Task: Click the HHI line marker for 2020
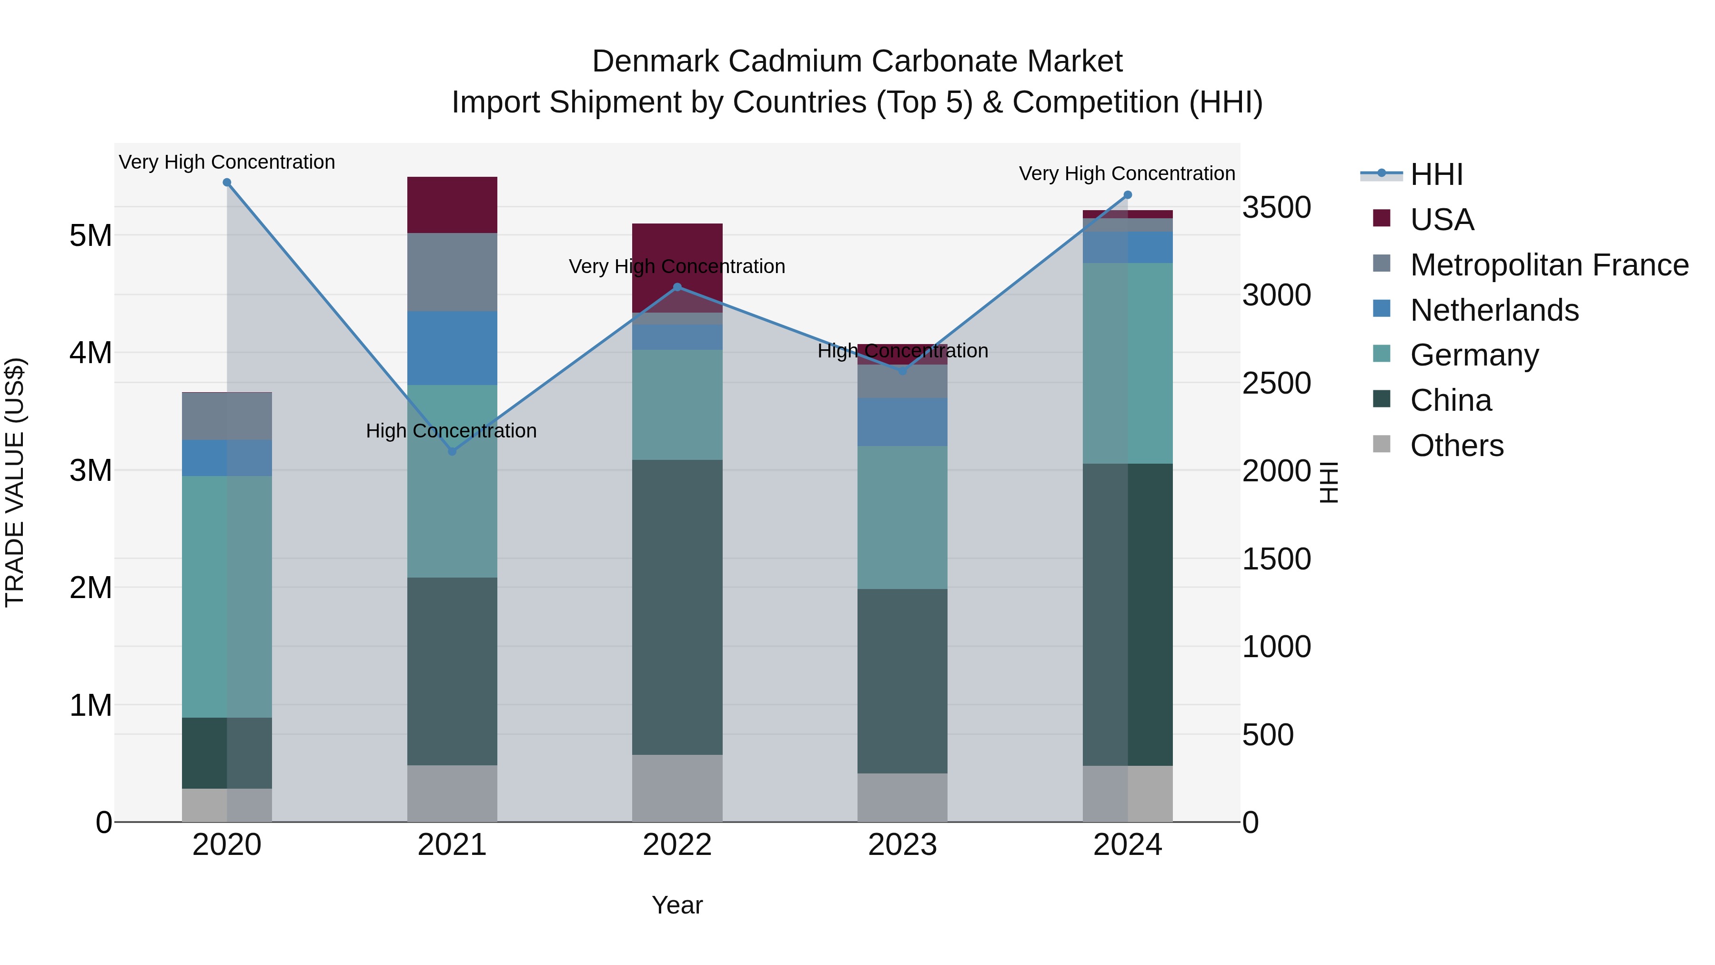pos(227,183)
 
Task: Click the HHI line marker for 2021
pos(452,452)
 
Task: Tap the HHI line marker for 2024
pos(1128,195)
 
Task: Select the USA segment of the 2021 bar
pos(452,204)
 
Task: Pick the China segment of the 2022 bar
pos(677,607)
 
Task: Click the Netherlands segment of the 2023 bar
pos(902,422)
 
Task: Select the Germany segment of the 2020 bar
pos(227,596)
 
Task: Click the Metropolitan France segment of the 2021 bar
pos(452,272)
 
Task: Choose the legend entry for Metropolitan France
pos(1549,265)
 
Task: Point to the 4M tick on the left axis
pos(91,353)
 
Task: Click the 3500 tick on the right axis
pos(1276,207)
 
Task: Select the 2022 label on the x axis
pos(677,845)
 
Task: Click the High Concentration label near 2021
pos(452,431)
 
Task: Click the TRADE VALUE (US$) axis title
pos(15,482)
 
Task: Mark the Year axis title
pos(677,905)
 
